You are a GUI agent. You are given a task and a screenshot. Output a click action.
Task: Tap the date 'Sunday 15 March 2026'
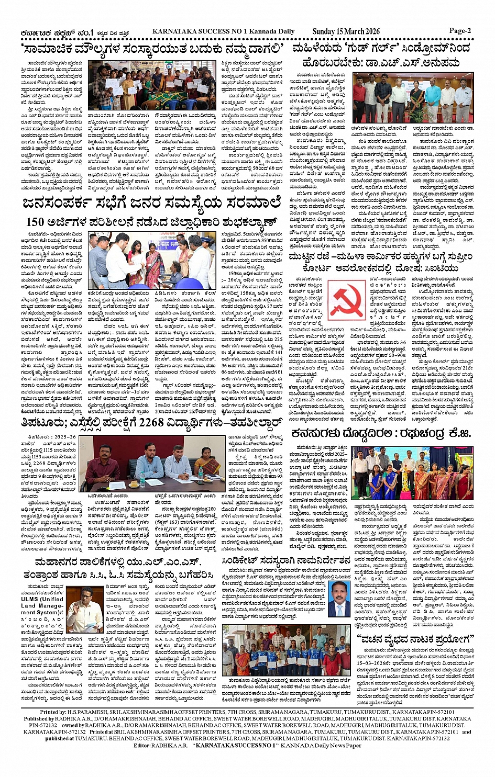tap(346, 31)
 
